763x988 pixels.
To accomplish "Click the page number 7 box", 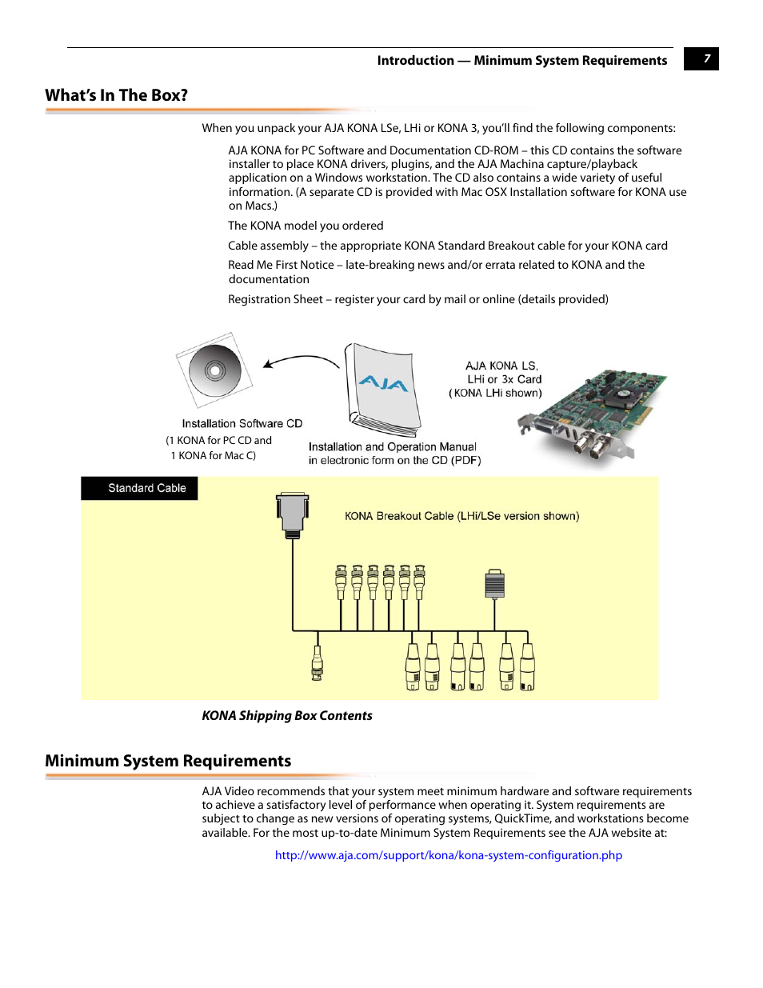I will tap(701, 58).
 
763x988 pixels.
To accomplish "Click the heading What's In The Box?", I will tap(117, 95).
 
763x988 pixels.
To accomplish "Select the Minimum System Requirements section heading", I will tap(168, 761).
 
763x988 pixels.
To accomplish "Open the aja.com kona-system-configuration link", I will tap(448, 855).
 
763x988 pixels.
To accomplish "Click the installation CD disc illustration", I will tap(214, 370).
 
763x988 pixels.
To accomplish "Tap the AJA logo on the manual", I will tap(384, 383).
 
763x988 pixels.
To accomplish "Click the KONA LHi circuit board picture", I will tap(596, 414).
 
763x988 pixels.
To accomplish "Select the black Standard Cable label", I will tap(140, 488).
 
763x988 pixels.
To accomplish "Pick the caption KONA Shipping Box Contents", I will tap(287, 716).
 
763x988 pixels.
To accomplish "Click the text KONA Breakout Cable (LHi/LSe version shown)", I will tap(461, 516).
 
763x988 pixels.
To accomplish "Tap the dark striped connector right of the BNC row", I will tap(495, 585).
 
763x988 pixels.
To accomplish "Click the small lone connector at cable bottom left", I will tap(317, 663).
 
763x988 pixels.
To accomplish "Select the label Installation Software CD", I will tap(242, 423).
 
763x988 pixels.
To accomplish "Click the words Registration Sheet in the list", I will tap(275, 299).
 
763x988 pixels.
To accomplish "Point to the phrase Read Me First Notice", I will tap(281, 265).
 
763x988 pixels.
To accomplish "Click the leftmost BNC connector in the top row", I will tap(341, 582).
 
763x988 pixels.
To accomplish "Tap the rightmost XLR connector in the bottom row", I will tap(527, 667).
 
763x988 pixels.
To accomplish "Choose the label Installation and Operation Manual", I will tap(392, 446).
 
